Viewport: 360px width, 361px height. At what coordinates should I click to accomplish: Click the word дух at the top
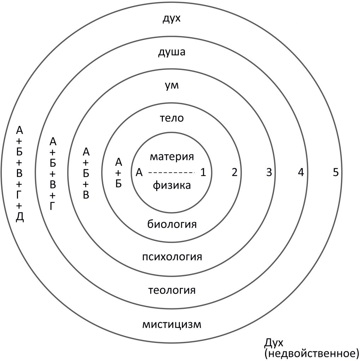[x=172, y=19]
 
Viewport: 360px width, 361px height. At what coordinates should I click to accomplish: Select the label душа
[x=172, y=52]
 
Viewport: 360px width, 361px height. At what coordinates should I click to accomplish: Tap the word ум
[x=172, y=85]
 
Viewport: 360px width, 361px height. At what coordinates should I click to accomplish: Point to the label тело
[x=172, y=118]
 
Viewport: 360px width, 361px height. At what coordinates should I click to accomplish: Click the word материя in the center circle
[x=172, y=157]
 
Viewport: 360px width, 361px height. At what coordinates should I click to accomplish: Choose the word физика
[x=172, y=185]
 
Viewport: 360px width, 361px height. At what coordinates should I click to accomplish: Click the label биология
[x=172, y=224]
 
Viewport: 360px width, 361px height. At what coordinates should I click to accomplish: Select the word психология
[x=172, y=257]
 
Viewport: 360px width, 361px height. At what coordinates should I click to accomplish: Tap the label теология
[x=172, y=290]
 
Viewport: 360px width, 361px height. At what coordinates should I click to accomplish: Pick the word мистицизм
[x=172, y=324]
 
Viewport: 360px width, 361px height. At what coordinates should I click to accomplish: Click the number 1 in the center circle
[x=203, y=172]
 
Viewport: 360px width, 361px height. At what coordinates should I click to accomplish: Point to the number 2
[x=234, y=172]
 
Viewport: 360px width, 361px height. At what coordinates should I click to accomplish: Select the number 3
[x=269, y=172]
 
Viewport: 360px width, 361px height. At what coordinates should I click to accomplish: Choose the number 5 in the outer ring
[x=336, y=172]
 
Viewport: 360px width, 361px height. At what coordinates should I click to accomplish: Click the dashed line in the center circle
[x=172, y=172]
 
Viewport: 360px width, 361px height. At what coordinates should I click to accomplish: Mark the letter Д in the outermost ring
[x=20, y=217]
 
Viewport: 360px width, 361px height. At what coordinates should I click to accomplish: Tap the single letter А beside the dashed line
[x=139, y=172]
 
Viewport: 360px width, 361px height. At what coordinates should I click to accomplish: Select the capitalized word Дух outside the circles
[x=274, y=343]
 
